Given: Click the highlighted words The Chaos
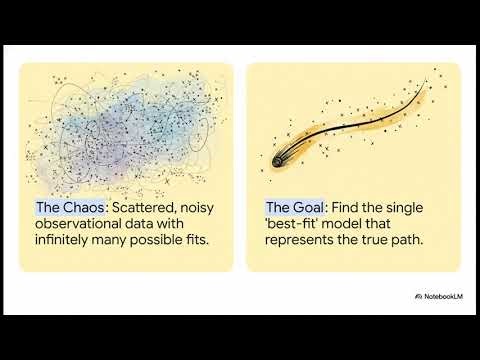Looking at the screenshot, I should point(72,208).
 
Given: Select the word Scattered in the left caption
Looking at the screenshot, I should point(145,208).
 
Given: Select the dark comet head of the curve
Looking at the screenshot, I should point(279,159).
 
